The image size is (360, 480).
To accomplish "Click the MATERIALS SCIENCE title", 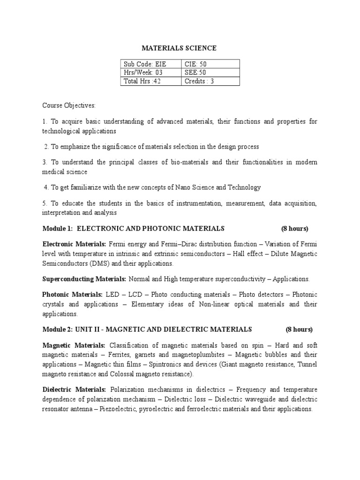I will (180, 48).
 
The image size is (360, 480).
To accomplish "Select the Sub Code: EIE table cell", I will (144, 64).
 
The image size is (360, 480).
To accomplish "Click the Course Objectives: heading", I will (69, 105).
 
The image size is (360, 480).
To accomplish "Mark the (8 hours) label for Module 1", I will (294, 229).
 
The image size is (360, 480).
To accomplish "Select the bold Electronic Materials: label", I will (75, 245).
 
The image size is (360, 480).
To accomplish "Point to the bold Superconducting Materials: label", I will (84, 279).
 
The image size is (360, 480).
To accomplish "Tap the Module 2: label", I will (58, 329).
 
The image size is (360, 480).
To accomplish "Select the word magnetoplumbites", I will (204, 355).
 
